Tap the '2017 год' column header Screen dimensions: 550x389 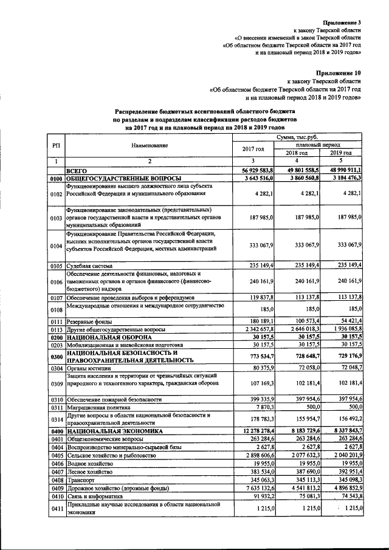(253, 150)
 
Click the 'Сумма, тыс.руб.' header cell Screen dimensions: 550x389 (297, 138)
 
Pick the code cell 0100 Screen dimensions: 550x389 (57, 178)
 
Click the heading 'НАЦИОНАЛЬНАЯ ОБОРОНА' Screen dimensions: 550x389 (109, 337)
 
